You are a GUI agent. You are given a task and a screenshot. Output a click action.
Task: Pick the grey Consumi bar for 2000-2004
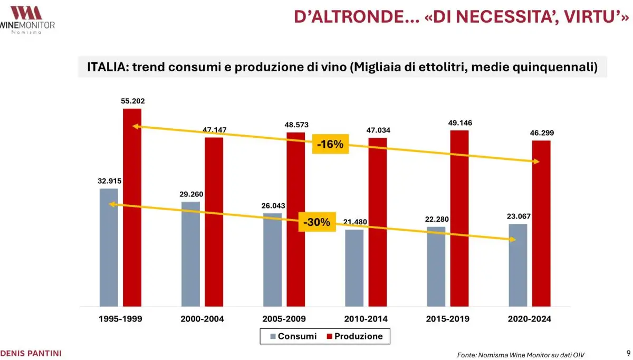pyautogui.click(x=190, y=253)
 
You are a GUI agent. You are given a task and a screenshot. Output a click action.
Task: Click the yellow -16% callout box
pyautogui.click(x=331, y=144)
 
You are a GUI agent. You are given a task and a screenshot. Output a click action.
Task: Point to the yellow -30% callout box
pyautogui.click(x=317, y=223)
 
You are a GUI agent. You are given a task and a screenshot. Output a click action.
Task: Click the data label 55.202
pyautogui.click(x=132, y=101)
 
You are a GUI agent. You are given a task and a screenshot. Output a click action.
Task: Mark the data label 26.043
pyautogui.click(x=273, y=205)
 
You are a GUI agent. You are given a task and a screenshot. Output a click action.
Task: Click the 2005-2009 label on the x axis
pyautogui.click(x=284, y=319)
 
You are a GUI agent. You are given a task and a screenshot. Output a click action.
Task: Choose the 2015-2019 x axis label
pyautogui.click(x=447, y=319)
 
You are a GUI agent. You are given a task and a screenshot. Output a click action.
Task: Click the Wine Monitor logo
pyautogui.click(x=27, y=18)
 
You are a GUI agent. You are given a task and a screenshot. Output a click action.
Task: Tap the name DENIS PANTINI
pyautogui.click(x=31, y=353)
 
